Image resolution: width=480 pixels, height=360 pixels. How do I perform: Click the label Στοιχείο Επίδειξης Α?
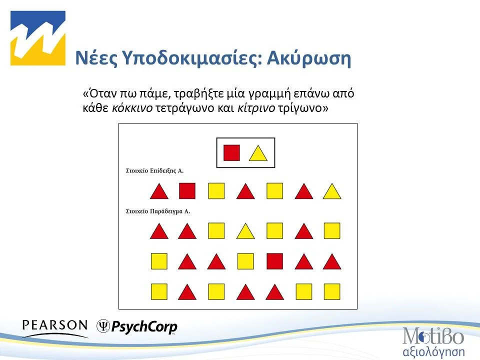point(154,171)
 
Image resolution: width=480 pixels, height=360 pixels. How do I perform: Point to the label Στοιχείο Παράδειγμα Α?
point(157,211)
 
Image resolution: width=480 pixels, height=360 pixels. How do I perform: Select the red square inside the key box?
point(231,153)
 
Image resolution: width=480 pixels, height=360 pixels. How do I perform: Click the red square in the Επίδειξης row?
point(187,191)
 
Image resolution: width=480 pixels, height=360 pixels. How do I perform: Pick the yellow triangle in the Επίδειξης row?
point(332,191)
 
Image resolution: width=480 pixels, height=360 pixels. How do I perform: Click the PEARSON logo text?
point(55,325)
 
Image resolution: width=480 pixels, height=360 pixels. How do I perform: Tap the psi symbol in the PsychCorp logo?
point(103,326)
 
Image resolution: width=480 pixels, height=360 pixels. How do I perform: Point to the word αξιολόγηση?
point(434,350)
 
